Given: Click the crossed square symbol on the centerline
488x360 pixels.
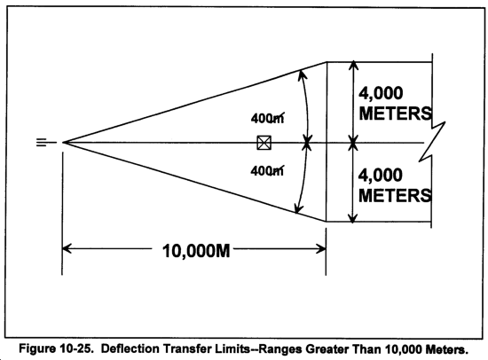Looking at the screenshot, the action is (x=264, y=143).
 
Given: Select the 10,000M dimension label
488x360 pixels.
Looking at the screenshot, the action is (x=196, y=250).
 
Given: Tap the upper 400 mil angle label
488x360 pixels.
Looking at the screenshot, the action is (x=267, y=118).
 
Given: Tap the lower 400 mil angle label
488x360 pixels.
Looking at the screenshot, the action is (x=267, y=170).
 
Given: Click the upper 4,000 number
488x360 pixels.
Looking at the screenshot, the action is (x=381, y=93).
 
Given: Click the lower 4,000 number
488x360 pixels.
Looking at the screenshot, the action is (x=381, y=176).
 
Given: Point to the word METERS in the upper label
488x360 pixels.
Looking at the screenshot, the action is (x=395, y=113).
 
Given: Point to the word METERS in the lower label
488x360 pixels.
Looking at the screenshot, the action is (x=395, y=195).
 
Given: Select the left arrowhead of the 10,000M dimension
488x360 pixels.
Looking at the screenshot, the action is (x=67, y=248).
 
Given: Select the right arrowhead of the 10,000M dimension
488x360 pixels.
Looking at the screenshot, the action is (x=321, y=249).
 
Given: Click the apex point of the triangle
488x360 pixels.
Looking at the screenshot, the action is (x=63, y=143).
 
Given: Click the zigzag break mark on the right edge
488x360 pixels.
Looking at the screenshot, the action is (x=432, y=141).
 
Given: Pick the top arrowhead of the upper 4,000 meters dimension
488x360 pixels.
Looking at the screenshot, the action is (x=353, y=66).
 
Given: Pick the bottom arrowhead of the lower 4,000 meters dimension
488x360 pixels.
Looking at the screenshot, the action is (x=352, y=218).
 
